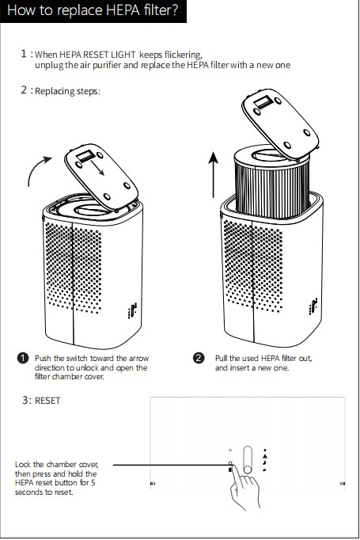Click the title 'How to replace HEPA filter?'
(93, 10)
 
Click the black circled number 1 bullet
(23, 358)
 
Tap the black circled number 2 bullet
(199, 358)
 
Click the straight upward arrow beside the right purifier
(214, 175)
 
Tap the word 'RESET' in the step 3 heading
(47, 401)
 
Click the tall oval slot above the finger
(248, 460)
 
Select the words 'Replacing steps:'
(67, 91)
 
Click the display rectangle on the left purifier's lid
(85, 158)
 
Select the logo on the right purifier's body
(313, 307)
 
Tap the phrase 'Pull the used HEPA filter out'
(263, 358)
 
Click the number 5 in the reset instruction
(93, 482)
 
